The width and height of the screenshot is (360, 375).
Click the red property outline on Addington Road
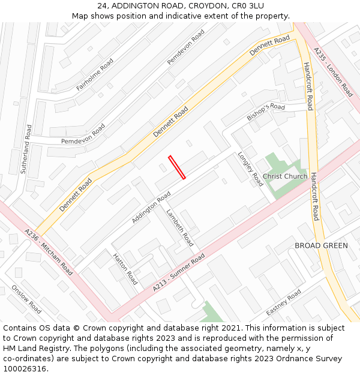177,167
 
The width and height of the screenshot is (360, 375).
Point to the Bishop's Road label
266,110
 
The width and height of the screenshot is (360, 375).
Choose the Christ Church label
285,176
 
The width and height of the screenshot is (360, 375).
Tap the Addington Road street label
151,208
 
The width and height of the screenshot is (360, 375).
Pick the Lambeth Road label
180,228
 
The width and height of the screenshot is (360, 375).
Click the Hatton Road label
125,269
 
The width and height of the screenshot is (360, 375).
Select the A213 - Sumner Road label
179,273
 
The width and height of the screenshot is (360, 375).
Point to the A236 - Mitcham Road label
49,252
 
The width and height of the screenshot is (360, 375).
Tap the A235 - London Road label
334,73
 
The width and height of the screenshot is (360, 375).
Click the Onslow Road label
26,299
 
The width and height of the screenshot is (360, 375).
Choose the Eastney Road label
284,304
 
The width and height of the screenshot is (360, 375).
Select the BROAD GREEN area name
321,246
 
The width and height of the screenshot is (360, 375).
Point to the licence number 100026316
25,369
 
